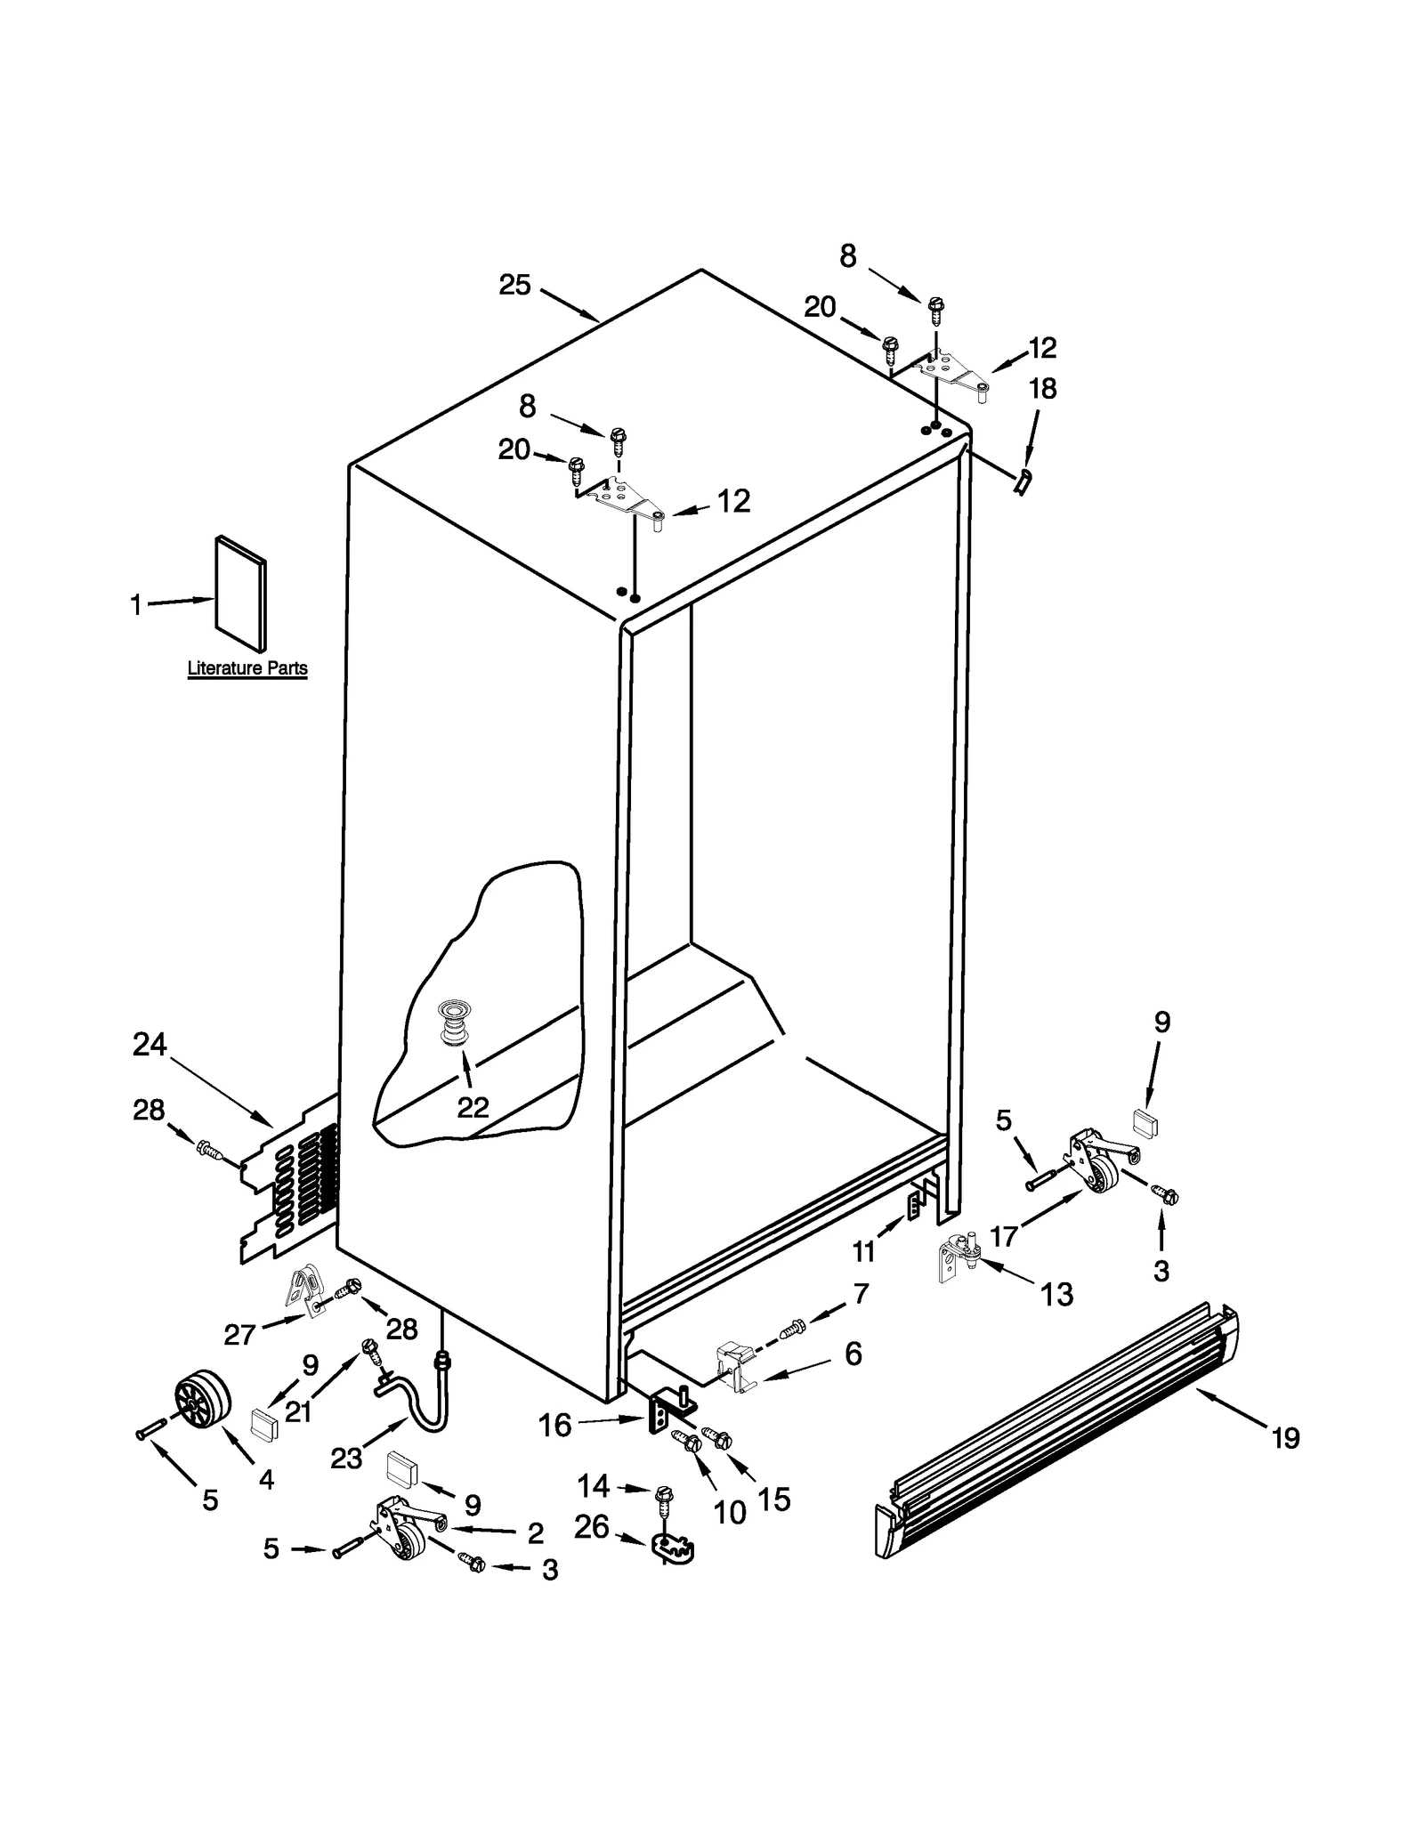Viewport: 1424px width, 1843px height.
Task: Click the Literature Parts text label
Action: click(247, 668)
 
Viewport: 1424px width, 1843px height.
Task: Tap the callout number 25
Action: click(514, 286)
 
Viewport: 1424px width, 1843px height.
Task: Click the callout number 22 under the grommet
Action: click(473, 1108)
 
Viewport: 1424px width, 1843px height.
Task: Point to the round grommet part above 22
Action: click(455, 1024)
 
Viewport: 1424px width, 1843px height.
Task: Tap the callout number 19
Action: click(1285, 1437)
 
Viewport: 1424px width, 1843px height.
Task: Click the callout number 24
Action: click(150, 1044)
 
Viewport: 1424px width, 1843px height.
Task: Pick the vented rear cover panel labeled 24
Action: click(289, 1184)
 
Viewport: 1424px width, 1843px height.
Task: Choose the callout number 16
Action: click(554, 1426)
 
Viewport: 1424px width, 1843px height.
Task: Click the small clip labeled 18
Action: click(1023, 483)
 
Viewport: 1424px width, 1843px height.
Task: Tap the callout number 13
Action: click(1056, 1294)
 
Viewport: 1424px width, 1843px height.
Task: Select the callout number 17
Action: click(1004, 1236)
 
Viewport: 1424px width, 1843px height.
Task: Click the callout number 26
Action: click(591, 1527)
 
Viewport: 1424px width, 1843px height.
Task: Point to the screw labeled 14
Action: click(662, 1495)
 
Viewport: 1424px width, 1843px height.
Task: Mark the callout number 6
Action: click(853, 1354)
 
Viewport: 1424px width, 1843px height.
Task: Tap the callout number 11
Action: click(863, 1252)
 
